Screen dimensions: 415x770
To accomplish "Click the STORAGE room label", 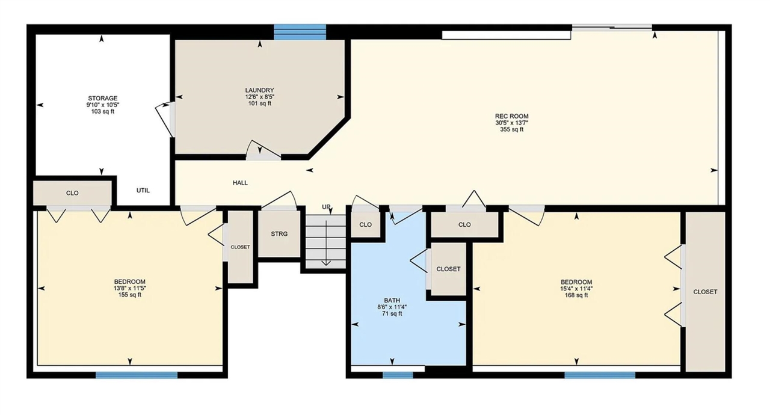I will click(x=102, y=98).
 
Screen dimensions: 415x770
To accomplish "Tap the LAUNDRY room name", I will click(x=259, y=90).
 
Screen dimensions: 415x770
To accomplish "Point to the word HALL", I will click(x=240, y=183).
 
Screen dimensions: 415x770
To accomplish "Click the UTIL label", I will click(x=143, y=191).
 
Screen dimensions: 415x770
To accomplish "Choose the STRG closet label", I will click(x=279, y=234).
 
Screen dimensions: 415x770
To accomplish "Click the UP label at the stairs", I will click(x=326, y=207).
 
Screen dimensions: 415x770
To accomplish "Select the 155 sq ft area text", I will click(x=129, y=295).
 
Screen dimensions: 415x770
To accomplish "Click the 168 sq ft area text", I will click(x=576, y=295).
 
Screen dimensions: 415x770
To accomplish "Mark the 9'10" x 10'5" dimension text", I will click(x=102, y=105).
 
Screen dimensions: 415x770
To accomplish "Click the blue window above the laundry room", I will click(x=300, y=32).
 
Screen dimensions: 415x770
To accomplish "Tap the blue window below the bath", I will click(x=398, y=375).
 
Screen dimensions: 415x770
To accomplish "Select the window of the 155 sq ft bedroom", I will click(x=137, y=375).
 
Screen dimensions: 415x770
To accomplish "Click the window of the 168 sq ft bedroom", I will click(x=599, y=375).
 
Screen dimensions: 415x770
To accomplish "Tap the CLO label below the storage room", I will click(x=72, y=193).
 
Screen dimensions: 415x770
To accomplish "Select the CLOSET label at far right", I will click(x=705, y=292).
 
